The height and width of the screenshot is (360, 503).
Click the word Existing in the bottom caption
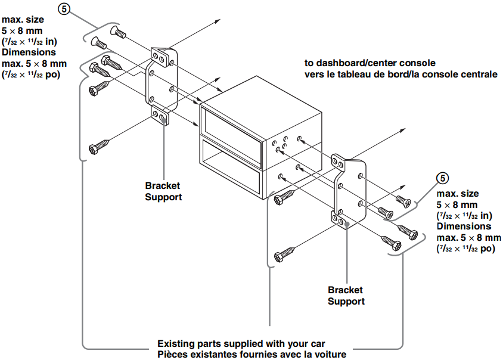pyautogui.click(x=176, y=344)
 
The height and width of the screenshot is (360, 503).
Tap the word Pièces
pyautogui.click(x=174, y=355)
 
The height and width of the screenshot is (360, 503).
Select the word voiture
pyautogui.click(x=329, y=355)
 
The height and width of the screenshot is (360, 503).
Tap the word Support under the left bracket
pyautogui.click(x=164, y=197)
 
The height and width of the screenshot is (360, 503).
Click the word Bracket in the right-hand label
pyautogui.click(x=345, y=290)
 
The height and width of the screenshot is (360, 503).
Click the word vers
pyautogui.click(x=314, y=75)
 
